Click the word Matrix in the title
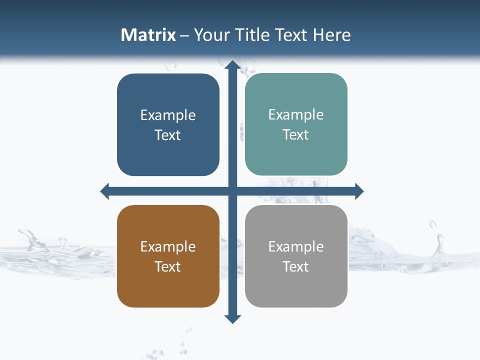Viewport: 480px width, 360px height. click(148, 35)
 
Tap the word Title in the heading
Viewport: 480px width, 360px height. click(252, 35)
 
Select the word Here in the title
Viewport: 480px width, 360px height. click(331, 35)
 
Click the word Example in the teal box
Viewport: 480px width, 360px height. click(296, 114)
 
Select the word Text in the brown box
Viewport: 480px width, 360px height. click(168, 266)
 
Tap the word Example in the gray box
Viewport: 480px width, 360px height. click(296, 246)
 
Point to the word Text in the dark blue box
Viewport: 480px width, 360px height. click(168, 135)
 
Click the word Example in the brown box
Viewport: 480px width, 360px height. click(168, 246)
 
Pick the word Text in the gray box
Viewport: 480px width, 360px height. click(296, 266)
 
